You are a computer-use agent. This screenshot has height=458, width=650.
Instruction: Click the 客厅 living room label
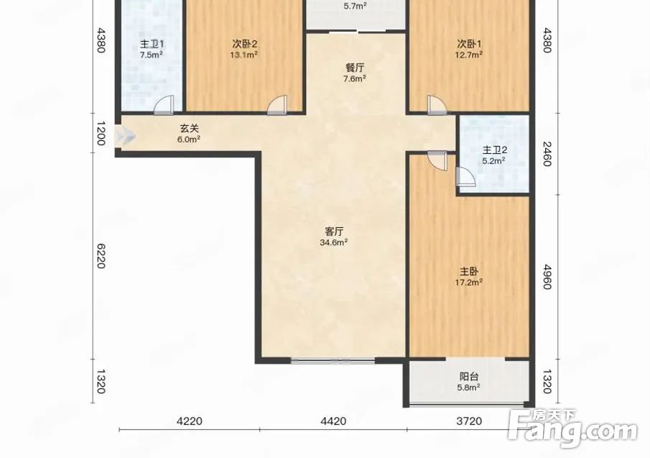click(334, 231)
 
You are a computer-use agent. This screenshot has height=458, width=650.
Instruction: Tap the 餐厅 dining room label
click(355, 67)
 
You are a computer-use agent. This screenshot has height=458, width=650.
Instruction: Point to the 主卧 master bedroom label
click(469, 272)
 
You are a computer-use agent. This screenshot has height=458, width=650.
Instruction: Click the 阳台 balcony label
click(469, 377)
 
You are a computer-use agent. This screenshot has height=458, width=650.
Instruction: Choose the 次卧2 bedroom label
click(245, 44)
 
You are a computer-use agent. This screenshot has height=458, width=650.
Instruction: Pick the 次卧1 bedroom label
click(469, 44)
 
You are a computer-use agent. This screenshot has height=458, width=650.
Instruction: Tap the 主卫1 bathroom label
click(152, 44)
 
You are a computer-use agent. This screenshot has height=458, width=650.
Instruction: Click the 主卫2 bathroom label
click(494, 150)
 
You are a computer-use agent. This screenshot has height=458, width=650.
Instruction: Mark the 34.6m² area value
click(334, 242)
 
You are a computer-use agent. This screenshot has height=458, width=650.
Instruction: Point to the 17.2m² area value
click(469, 283)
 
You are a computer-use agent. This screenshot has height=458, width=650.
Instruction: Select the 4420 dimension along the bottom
click(334, 421)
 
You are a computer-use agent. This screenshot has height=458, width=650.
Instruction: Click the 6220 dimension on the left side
click(101, 256)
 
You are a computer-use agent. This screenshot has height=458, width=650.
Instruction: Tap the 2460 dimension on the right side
click(547, 154)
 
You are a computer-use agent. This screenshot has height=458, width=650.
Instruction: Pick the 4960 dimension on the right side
click(547, 277)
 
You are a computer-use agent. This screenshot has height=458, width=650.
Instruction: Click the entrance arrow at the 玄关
click(125, 135)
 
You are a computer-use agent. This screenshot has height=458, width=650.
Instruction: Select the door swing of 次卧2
click(277, 105)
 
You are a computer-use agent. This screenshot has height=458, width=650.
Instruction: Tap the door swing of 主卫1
click(163, 105)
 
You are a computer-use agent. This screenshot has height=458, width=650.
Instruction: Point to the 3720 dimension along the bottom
click(469, 421)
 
